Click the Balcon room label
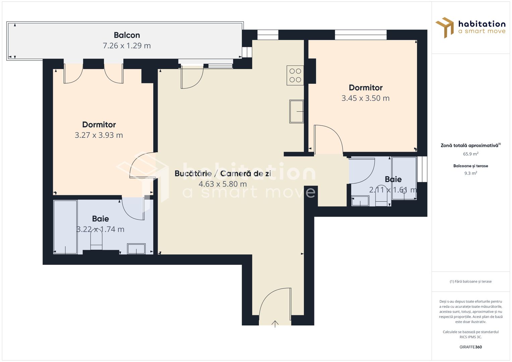[x=127, y=35]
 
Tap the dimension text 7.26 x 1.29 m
[x=127, y=46]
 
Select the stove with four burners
[x=295, y=75]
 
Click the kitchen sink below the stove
[x=296, y=111]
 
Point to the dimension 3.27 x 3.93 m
[x=99, y=135]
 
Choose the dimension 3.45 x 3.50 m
[x=365, y=98]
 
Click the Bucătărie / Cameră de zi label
[x=223, y=173]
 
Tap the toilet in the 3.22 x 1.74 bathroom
[x=96, y=241]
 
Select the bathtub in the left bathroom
[x=65, y=227]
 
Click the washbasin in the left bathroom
[x=136, y=249]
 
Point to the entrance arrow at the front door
[x=275, y=324]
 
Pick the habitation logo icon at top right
[x=445, y=27]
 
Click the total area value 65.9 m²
[x=470, y=154]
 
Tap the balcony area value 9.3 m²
[x=470, y=173]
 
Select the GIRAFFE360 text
[x=470, y=347]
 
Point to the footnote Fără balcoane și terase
[x=470, y=282]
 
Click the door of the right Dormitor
[x=328, y=139]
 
